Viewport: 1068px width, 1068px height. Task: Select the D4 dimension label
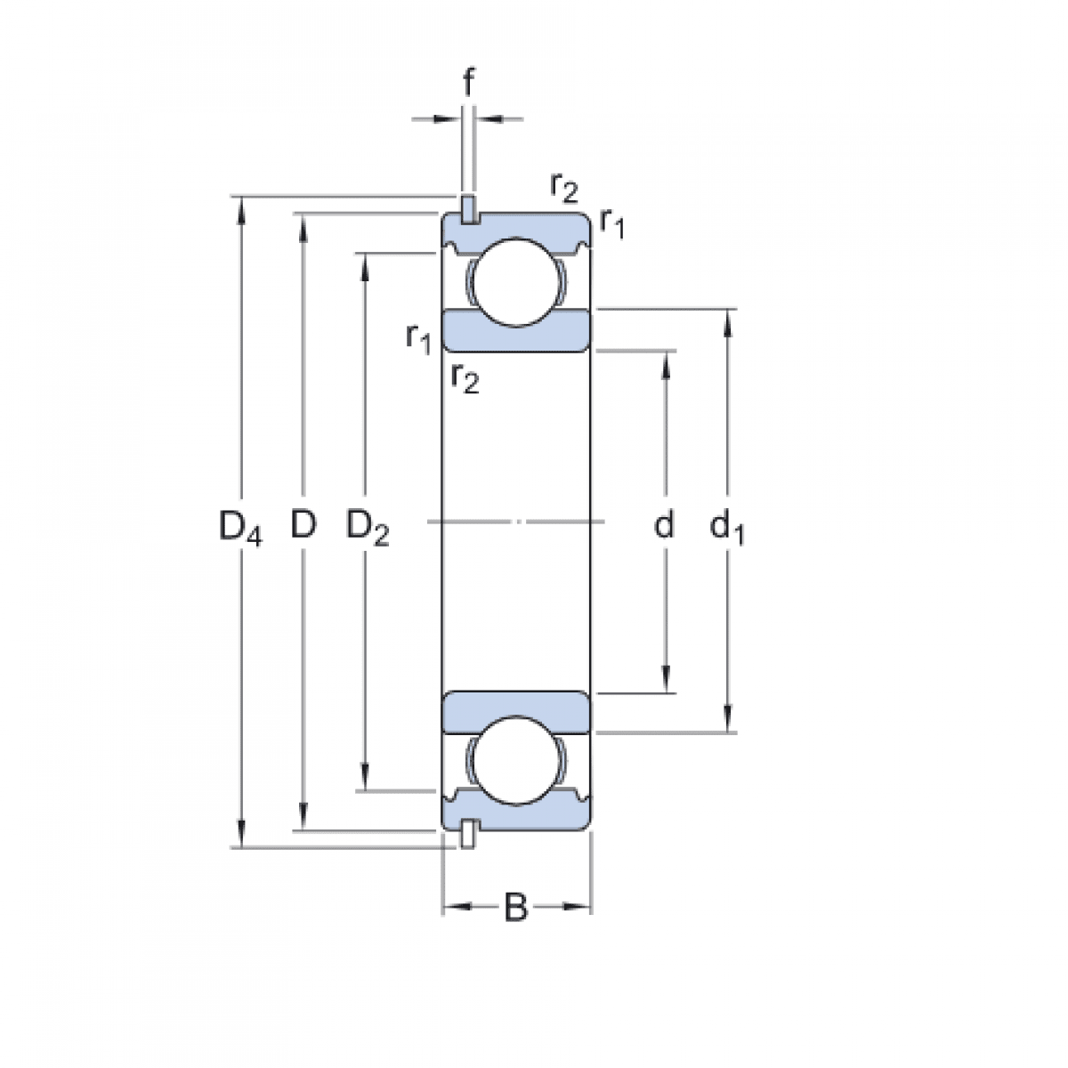tap(240, 528)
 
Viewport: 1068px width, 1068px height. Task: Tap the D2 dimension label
tap(367, 528)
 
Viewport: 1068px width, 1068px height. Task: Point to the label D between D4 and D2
tap(303, 526)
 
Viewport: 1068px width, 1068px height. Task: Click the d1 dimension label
tap(727, 528)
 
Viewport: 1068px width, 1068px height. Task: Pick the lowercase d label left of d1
tap(664, 526)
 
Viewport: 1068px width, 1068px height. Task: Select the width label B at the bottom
tap(516, 909)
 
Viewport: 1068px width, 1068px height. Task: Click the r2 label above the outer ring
tap(564, 187)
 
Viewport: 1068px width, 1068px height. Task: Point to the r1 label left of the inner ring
tap(418, 337)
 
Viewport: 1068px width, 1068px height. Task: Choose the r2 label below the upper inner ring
tap(465, 377)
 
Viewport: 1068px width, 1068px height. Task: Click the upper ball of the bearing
tap(517, 282)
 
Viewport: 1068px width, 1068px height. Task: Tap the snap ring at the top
tap(468, 208)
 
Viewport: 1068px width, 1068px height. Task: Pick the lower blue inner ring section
tap(517, 712)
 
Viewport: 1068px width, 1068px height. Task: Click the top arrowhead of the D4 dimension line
tap(240, 206)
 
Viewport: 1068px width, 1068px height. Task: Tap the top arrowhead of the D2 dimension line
tap(364, 264)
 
